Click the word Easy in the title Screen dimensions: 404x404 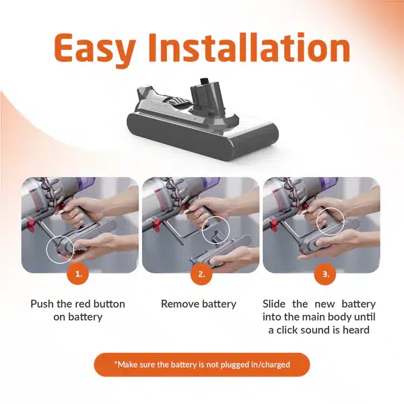[95, 48]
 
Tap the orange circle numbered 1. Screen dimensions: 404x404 [78, 274]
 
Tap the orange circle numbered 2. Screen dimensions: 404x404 [201, 274]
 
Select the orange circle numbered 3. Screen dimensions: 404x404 [325, 274]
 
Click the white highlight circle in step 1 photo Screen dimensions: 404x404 [46, 249]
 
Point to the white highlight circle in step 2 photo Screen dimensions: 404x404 [202, 230]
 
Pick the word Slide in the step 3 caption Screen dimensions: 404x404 [274, 304]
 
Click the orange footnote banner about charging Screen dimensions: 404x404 [202, 364]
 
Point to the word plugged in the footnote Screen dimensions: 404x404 [234, 365]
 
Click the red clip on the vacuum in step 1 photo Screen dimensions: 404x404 [32, 225]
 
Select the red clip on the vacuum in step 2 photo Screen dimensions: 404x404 [157, 225]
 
